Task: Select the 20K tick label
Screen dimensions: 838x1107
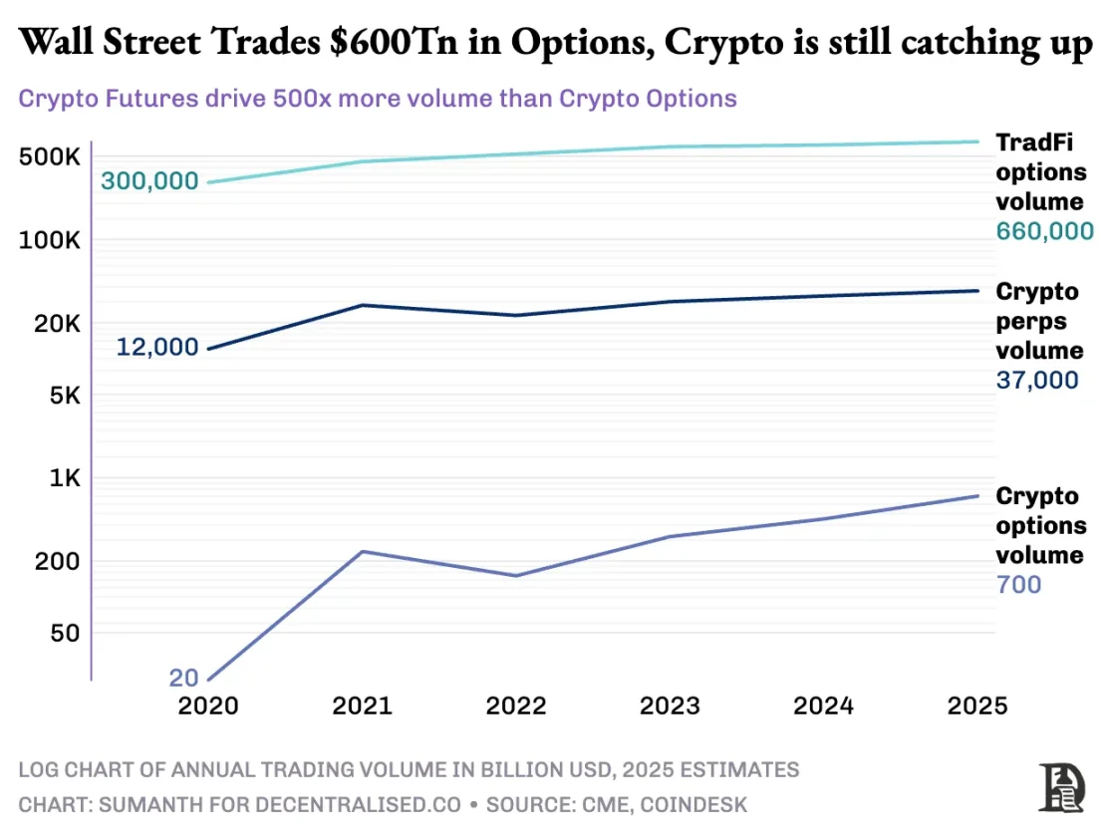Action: [51, 324]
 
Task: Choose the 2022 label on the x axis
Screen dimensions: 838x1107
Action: [516, 705]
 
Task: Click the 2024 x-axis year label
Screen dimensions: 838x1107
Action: [823, 705]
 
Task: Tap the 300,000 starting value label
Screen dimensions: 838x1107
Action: [149, 182]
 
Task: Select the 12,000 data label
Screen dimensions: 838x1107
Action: [156, 348]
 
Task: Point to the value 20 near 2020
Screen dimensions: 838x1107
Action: [184, 679]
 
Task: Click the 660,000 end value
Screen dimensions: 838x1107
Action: [1044, 231]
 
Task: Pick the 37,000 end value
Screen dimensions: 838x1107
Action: [1036, 380]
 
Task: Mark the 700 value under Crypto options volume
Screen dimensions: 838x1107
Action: [1018, 584]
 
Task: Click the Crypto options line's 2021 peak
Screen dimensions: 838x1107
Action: [363, 551]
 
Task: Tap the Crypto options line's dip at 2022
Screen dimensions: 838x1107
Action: [516, 576]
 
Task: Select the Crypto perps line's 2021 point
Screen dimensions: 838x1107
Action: [363, 305]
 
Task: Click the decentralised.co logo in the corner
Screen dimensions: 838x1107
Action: [1060, 787]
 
